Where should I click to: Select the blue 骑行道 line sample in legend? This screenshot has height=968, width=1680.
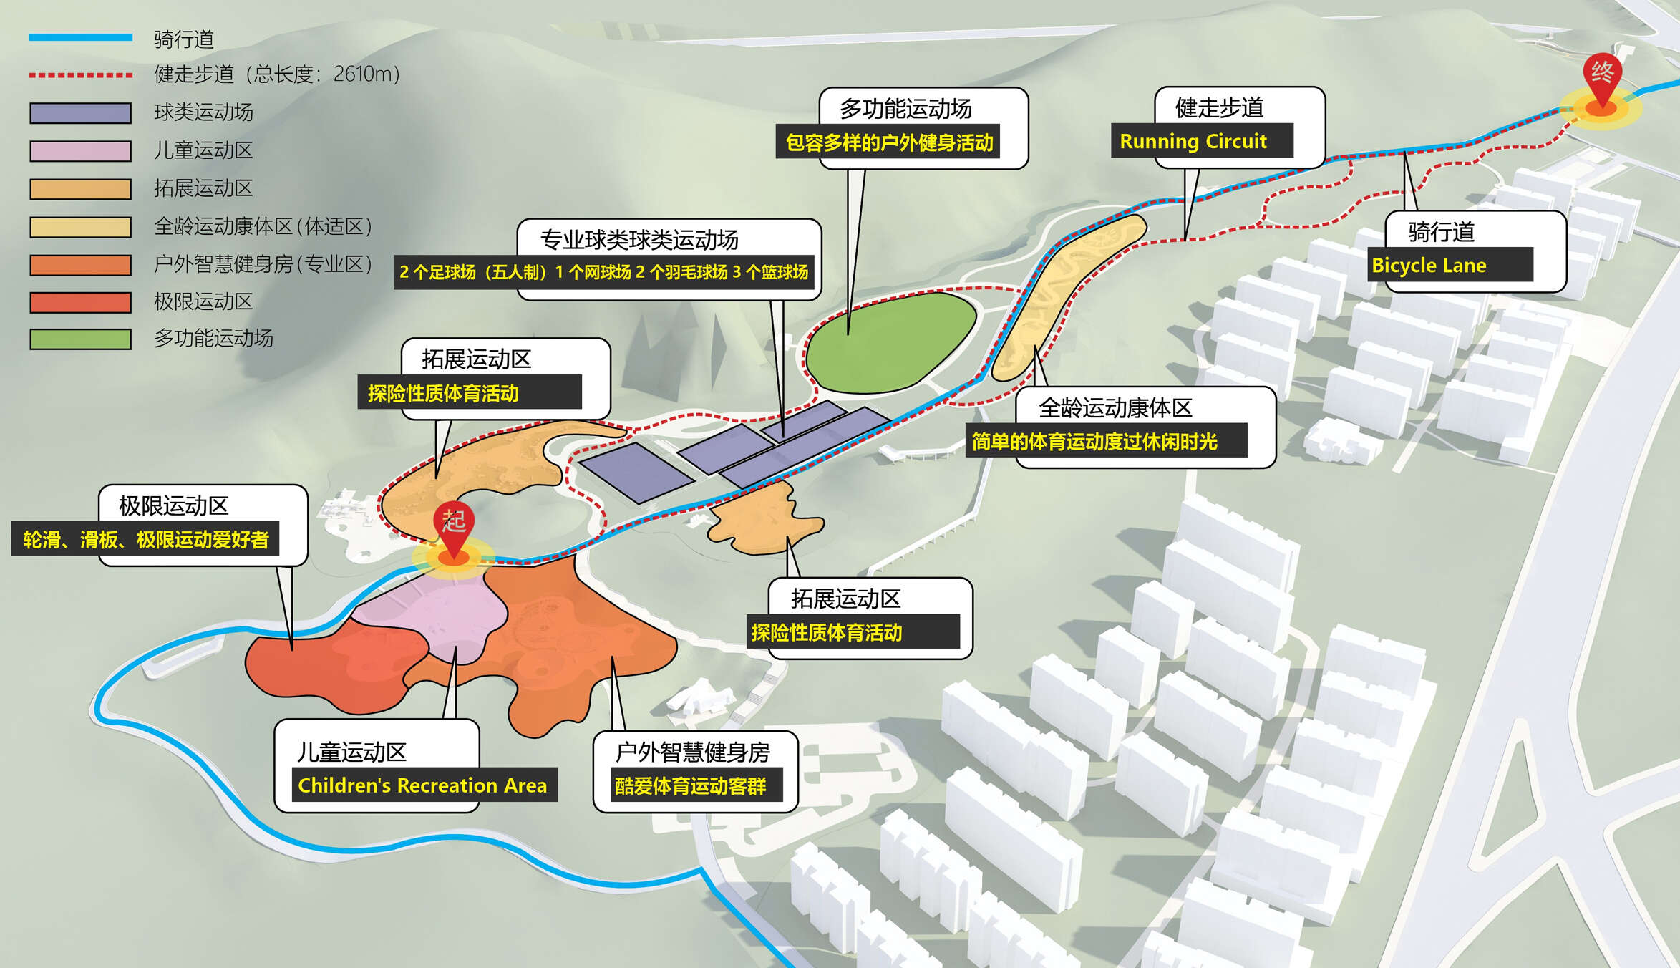tap(80, 37)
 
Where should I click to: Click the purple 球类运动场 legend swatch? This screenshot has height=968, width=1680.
tap(80, 113)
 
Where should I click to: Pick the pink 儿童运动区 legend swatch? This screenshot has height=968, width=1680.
tap(80, 151)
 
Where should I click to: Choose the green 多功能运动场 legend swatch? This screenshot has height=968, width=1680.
tap(80, 339)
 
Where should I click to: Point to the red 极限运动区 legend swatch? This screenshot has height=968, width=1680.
tap(80, 302)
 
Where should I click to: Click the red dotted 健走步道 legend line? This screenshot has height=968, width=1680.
tap(80, 74)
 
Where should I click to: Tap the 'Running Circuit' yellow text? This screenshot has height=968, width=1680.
tap(1193, 141)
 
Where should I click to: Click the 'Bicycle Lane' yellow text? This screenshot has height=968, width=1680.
tap(1429, 266)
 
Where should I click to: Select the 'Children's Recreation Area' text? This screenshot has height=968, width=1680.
tap(422, 785)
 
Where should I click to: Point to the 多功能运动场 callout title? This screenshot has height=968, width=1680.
tap(905, 109)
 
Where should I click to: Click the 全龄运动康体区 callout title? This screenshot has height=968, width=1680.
tap(1115, 408)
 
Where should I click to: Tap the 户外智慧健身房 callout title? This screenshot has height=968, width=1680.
tap(692, 752)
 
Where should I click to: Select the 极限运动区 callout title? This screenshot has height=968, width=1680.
tap(173, 506)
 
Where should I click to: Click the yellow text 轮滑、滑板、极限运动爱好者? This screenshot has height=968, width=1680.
tap(145, 539)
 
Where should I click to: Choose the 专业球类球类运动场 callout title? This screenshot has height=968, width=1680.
tap(639, 240)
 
